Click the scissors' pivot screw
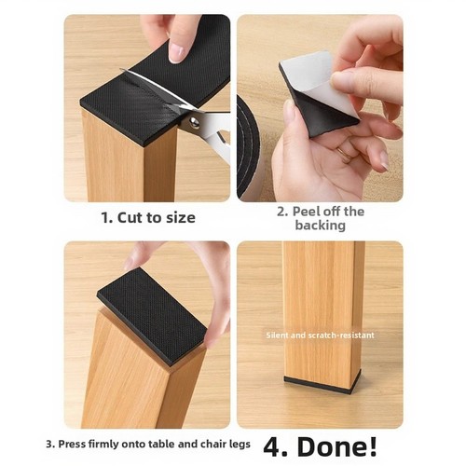[x=194, y=122]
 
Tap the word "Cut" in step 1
[x=132, y=218]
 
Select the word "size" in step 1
[x=181, y=218]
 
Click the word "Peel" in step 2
[x=307, y=212]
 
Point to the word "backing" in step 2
[x=321, y=226]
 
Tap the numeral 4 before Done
[x=273, y=447]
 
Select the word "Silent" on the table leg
[x=278, y=336]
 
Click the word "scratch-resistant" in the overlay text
[x=341, y=336]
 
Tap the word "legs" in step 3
[x=240, y=445]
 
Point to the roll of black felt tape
[x=248, y=148]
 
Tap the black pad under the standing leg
[x=322, y=383]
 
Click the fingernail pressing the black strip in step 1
[x=176, y=53]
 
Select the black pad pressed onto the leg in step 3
[x=152, y=315]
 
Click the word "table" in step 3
[x=162, y=444]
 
